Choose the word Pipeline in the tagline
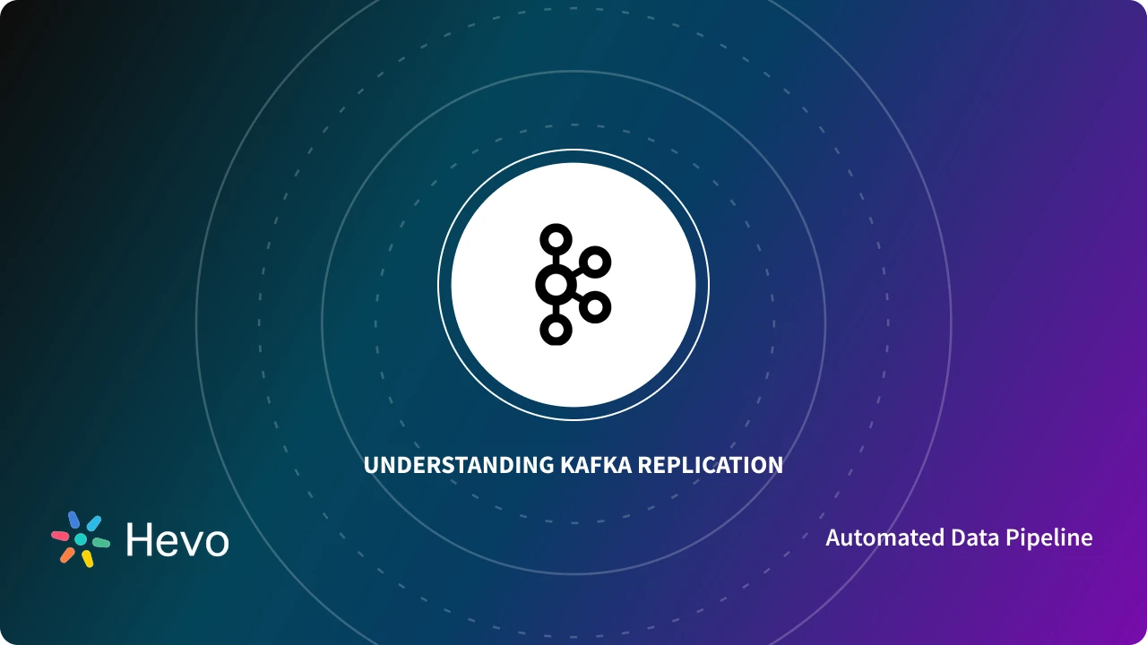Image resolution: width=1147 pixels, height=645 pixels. point(1049,538)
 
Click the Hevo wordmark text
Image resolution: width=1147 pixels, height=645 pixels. point(177,539)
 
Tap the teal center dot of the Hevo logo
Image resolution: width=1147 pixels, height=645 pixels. point(81,539)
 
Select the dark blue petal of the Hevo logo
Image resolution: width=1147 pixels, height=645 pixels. point(74,520)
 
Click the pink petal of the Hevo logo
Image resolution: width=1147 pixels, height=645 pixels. point(60,535)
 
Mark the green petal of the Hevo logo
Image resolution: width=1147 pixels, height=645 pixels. point(101,543)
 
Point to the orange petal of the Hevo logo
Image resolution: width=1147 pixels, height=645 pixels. point(67,555)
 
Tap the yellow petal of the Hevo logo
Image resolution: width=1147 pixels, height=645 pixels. point(88,559)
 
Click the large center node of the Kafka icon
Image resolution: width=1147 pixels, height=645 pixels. point(556,285)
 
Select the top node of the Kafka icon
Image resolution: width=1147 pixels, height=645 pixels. point(556,239)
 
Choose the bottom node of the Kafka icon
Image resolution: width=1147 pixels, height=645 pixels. point(556,330)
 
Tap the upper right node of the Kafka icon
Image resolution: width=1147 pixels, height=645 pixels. point(594,262)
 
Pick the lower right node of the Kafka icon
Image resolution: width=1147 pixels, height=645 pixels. point(594,307)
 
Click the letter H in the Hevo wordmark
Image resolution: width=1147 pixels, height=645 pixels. point(142,539)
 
